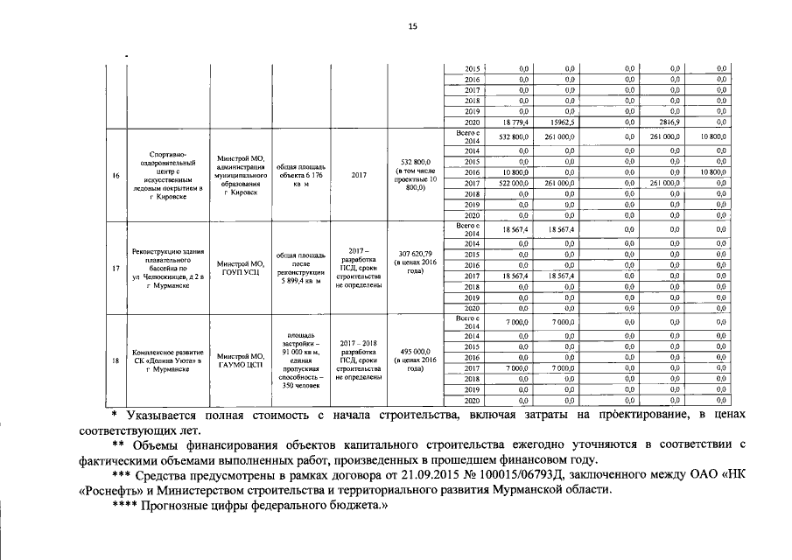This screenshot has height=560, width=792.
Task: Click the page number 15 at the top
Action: (x=412, y=28)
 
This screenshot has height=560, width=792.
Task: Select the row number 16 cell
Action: (x=115, y=175)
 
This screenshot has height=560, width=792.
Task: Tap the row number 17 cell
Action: (x=115, y=268)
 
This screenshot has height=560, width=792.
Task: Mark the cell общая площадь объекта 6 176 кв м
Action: (x=300, y=174)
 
